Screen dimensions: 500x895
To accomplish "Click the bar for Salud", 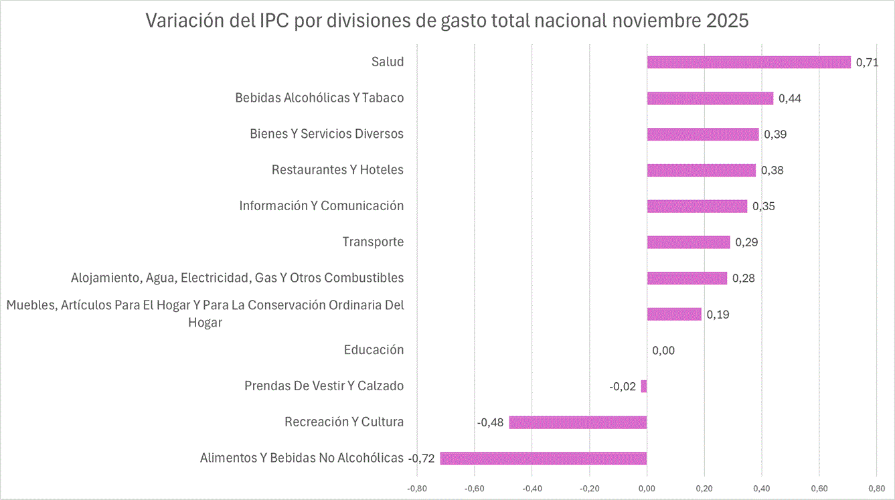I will coord(748,62).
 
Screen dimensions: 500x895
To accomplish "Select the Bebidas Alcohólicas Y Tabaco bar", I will coord(710,98).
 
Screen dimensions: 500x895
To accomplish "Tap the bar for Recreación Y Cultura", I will coord(578,422).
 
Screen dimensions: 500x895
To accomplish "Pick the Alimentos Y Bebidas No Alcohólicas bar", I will coord(543,459).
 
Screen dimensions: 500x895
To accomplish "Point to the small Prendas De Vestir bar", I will coord(644,386).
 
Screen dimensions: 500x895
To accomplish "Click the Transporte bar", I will coord(688,242).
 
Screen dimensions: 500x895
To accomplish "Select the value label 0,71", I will coord(867,63).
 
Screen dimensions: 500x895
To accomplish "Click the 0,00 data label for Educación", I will coord(663,351).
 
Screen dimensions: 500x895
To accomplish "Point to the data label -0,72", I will coord(422,459).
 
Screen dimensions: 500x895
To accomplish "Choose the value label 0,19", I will coord(718,315).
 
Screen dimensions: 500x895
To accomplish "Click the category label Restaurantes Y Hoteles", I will coord(337,170).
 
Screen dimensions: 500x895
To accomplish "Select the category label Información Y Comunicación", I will coord(321,206).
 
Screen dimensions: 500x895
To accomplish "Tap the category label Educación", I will coord(374,350).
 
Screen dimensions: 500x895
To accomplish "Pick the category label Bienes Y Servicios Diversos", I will coord(327,134).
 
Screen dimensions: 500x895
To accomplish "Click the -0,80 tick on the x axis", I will coord(416,489).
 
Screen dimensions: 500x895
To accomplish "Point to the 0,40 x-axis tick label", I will coord(762,489).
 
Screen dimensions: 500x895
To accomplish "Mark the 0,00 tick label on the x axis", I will coord(647,489).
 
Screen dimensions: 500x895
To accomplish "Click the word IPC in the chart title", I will coord(274,21).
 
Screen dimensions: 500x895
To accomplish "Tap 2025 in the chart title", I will coord(727,21).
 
